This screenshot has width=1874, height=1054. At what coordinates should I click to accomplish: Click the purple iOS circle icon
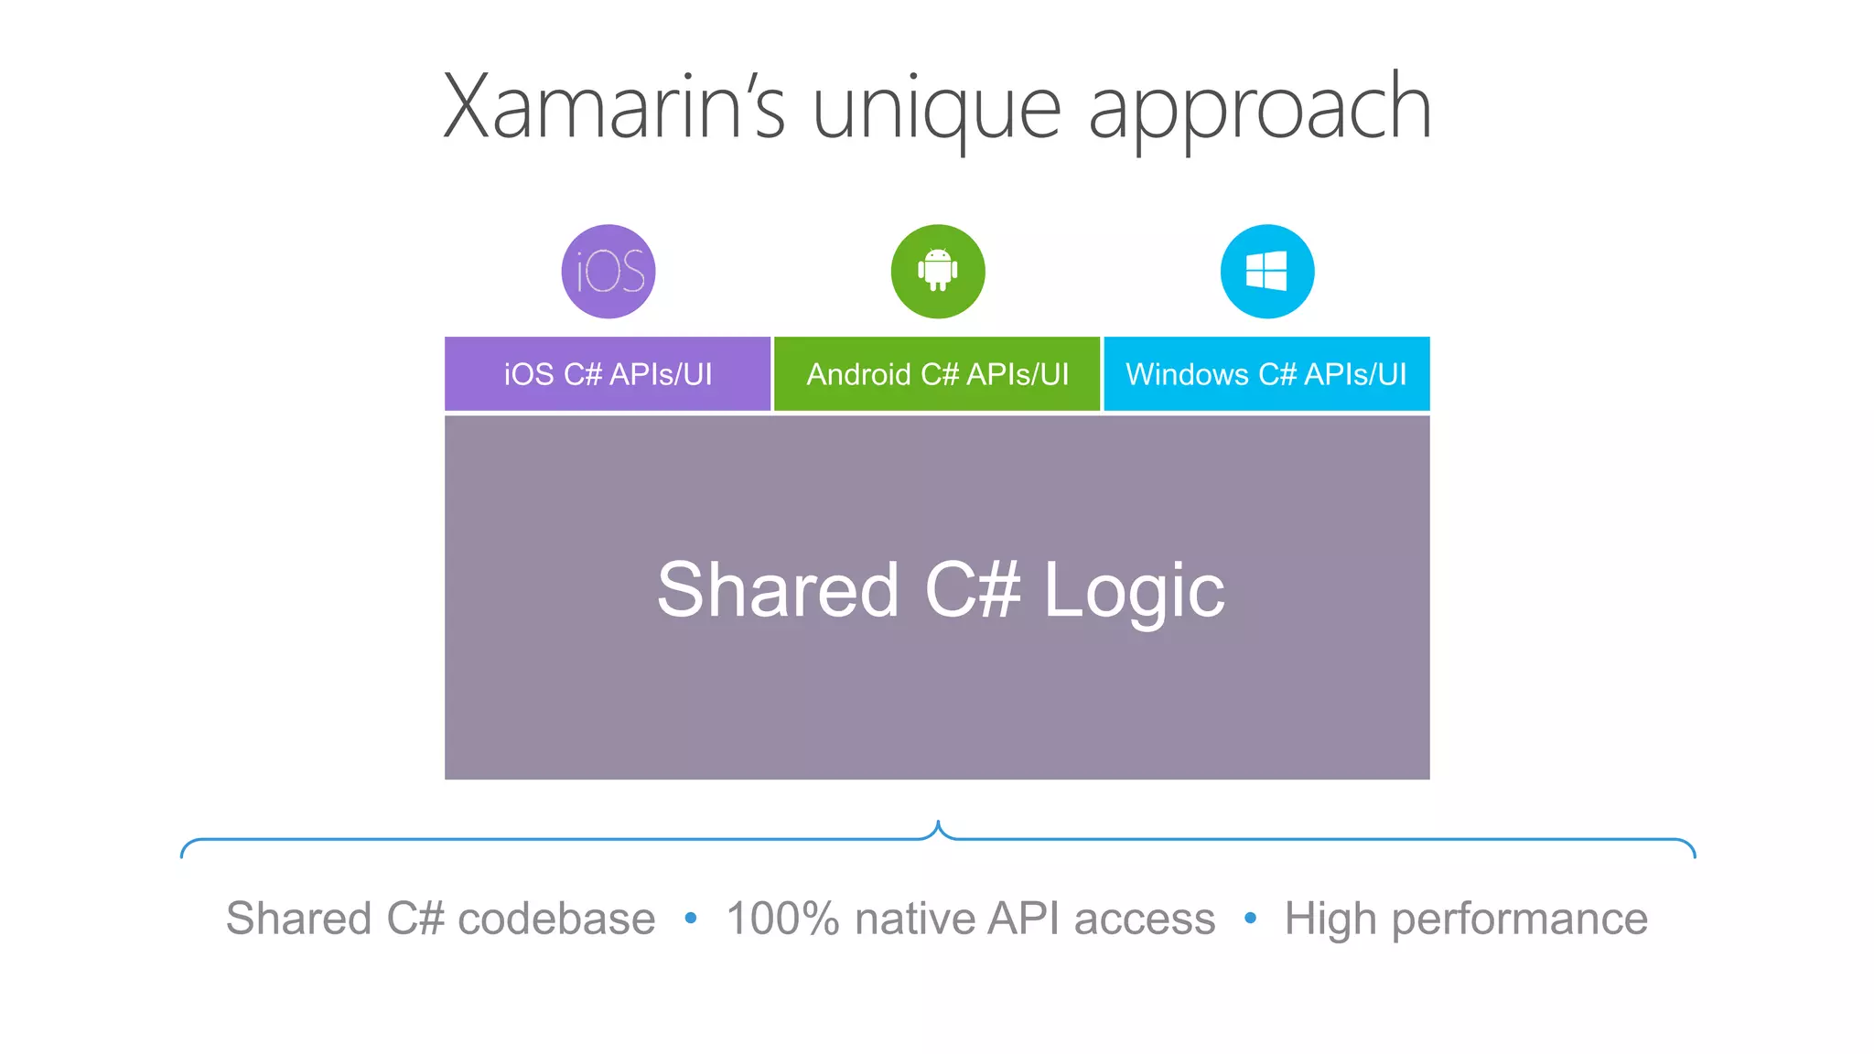[609, 272]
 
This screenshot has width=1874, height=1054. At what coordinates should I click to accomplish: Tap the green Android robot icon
[938, 271]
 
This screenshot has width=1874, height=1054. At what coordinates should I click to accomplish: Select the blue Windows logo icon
[1267, 272]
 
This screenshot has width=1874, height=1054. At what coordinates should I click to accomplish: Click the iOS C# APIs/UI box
[608, 374]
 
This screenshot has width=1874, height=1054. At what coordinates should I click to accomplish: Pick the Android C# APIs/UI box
[937, 374]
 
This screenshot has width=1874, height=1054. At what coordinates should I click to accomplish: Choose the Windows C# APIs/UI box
[1266, 374]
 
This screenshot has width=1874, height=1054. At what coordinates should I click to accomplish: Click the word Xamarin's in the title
[614, 108]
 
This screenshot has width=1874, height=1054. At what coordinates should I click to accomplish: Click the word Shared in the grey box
[779, 591]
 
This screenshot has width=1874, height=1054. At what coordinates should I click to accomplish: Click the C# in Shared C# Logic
[972, 591]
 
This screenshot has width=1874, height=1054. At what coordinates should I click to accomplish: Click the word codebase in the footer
[556, 919]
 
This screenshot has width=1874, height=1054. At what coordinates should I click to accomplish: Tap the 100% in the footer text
[782, 919]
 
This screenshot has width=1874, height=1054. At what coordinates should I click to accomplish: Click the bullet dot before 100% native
[691, 918]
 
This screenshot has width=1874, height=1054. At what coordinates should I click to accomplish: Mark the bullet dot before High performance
[1250, 918]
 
